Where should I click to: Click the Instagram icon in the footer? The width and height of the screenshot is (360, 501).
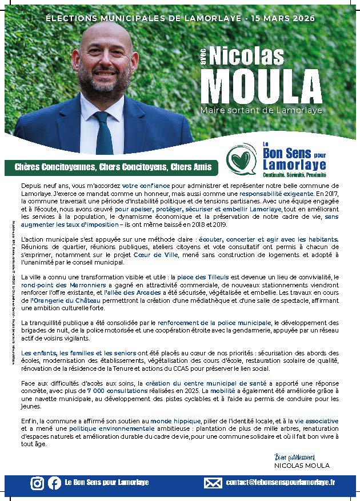(x=37, y=483)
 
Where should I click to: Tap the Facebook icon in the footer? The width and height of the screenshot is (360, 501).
(x=55, y=483)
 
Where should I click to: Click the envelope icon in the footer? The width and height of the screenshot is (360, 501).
(x=213, y=483)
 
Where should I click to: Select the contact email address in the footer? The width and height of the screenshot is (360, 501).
(x=280, y=483)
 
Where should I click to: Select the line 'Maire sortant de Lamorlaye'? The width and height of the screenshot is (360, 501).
(x=261, y=110)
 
